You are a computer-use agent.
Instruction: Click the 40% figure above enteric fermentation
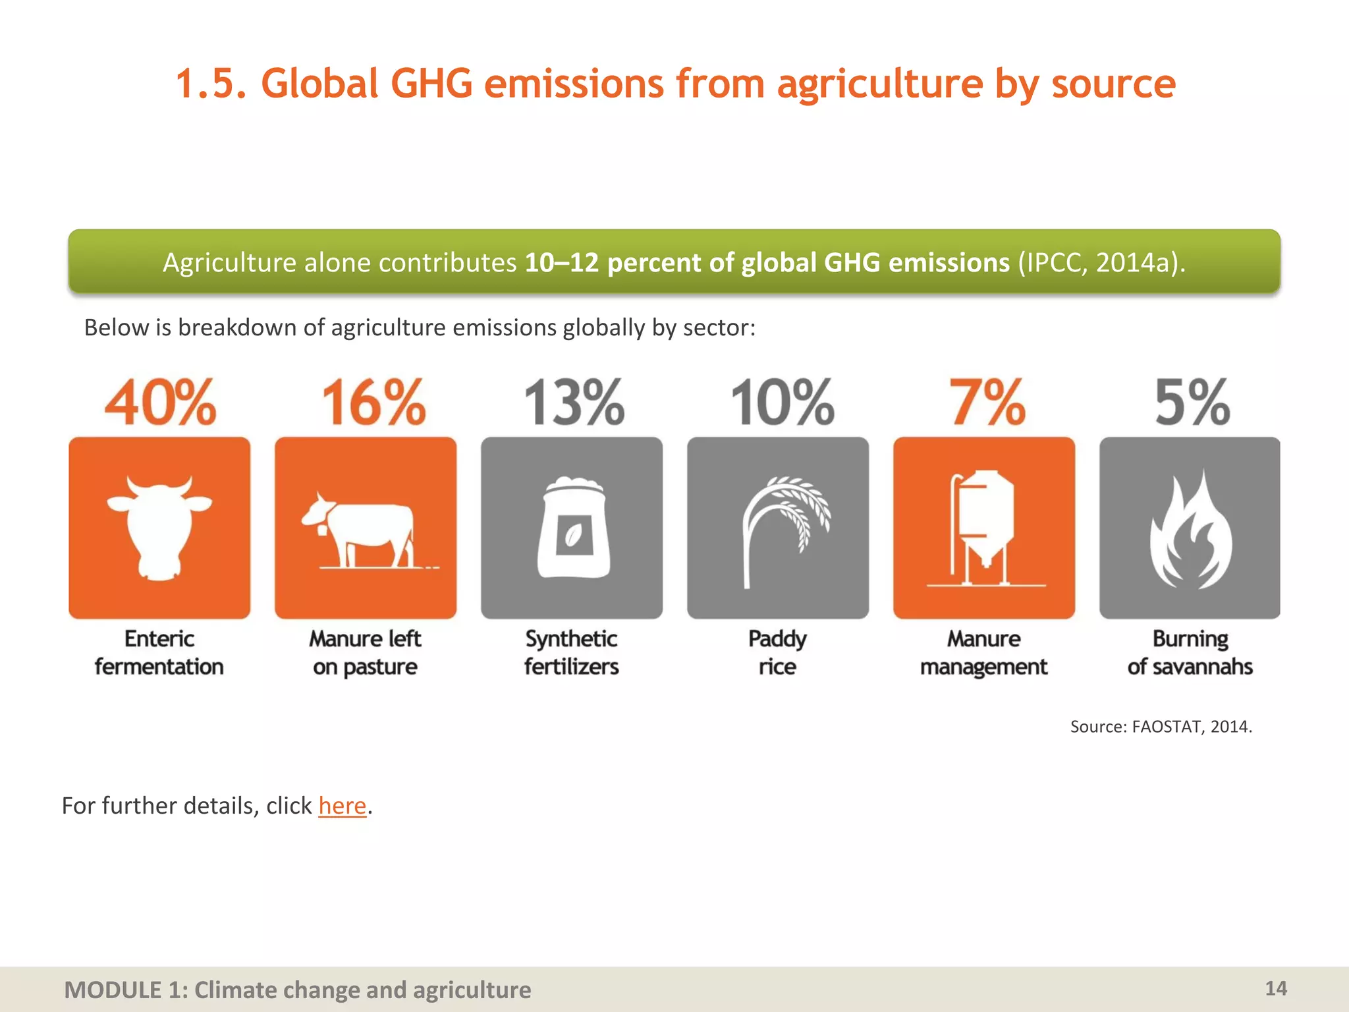(x=160, y=403)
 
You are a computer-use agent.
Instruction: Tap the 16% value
(x=373, y=403)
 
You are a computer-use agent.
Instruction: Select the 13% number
(x=574, y=403)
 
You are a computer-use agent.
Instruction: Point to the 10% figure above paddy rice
(x=783, y=403)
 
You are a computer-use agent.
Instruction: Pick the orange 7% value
(x=987, y=403)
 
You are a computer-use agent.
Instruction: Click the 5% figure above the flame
(x=1192, y=403)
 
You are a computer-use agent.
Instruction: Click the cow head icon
(x=159, y=528)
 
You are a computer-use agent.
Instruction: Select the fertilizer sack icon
(x=572, y=528)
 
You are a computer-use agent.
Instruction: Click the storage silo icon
(x=984, y=528)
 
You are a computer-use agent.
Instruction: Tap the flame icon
(x=1190, y=530)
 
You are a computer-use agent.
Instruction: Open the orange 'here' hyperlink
(x=342, y=806)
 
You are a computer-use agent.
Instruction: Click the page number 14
(x=1276, y=988)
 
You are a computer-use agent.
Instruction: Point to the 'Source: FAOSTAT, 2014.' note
(x=1161, y=727)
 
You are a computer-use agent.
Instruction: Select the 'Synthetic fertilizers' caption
(x=572, y=653)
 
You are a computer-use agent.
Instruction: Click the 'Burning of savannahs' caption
(x=1190, y=653)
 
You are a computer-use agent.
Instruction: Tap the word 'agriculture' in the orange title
(x=880, y=84)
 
